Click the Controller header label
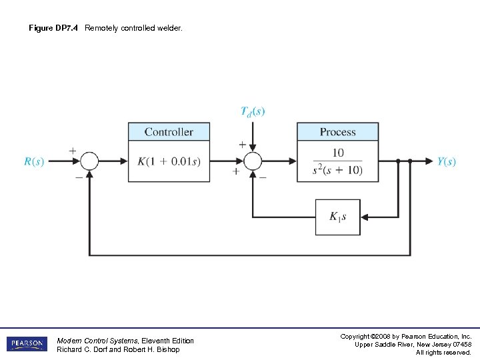pyautogui.click(x=169, y=132)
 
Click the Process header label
pyautogui.click(x=337, y=132)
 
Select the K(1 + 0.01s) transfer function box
pyautogui.click(x=169, y=161)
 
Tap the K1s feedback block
pyautogui.click(x=337, y=217)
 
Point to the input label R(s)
pyautogui.click(x=34, y=162)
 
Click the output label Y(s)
pyautogui.click(x=446, y=162)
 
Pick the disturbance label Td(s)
pyautogui.click(x=253, y=111)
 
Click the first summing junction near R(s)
pyautogui.click(x=89, y=161)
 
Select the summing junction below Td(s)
pyautogui.click(x=253, y=161)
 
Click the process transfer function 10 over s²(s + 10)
pyautogui.click(x=337, y=161)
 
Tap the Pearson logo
pyautogui.click(x=27, y=344)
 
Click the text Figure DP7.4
pyautogui.click(x=53, y=28)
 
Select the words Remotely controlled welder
pyautogui.click(x=133, y=28)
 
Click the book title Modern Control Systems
pyautogui.click(x=99, y=341)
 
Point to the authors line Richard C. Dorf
pyautogui.click(x=118, y=350)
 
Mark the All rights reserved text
pyautogui.click(x=443, y=352)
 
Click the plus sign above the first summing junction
pyautogui.click(x=72, y=151)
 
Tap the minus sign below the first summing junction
pyautogui.click(x=79, y=178)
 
